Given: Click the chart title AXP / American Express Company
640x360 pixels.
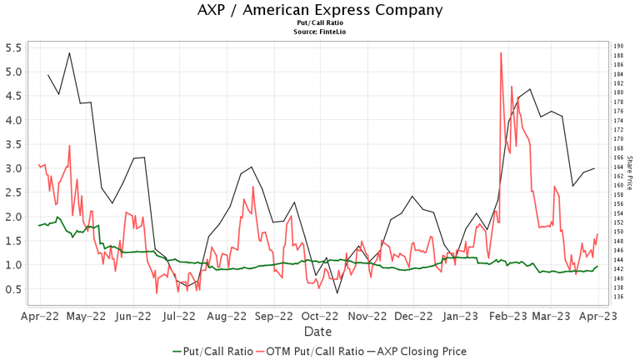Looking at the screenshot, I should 320,10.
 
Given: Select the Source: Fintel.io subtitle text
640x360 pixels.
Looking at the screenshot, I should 320,32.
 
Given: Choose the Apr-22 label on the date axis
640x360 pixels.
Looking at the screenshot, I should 38,317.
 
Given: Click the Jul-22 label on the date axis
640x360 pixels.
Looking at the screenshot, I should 181,317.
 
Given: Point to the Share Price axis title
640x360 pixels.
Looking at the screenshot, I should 630,172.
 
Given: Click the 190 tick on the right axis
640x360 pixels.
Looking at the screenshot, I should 618,47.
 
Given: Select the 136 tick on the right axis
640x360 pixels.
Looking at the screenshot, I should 618,297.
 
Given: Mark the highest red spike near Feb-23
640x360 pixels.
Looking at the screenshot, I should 501,52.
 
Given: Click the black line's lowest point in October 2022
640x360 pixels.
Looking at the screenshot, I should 337,292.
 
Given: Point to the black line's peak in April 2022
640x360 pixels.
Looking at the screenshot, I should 69,52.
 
